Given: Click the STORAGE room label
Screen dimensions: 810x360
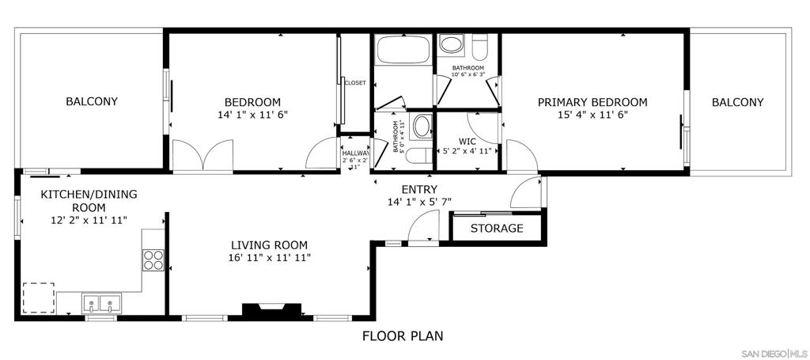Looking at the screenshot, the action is (497, 228).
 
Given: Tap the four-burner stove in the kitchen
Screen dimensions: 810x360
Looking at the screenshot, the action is (153, 260).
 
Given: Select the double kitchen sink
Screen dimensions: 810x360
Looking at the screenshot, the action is (101, 303).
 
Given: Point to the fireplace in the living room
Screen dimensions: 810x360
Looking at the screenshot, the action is (272, 309).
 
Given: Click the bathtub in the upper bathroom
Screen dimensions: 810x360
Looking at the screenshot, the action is (403, 50).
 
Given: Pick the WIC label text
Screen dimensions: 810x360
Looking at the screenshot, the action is (467, 141).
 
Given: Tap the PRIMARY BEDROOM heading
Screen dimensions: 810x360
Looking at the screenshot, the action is (592, 102).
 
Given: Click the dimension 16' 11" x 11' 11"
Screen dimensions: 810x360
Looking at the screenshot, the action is (270, 257).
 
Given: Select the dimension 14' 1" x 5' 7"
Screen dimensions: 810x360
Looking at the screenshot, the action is (420, 202).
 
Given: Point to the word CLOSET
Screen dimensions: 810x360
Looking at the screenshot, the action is (355, 82).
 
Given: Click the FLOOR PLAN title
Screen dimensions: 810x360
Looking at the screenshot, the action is (403, 336).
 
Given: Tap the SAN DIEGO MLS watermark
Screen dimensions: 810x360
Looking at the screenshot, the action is (774, 354).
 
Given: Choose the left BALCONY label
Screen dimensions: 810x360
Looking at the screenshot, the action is (92, 101).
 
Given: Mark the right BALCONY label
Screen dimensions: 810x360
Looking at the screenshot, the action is (738, 102).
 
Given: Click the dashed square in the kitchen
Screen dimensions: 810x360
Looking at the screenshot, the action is (39, 297).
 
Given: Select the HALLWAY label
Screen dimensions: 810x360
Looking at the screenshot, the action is (355, 153).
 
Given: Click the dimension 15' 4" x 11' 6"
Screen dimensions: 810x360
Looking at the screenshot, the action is (592, 116).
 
